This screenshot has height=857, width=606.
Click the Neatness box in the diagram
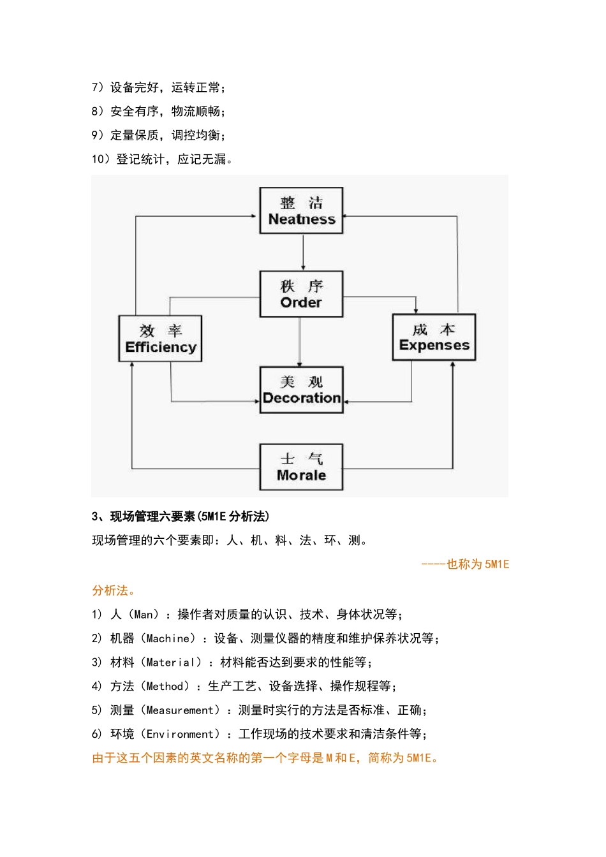301,211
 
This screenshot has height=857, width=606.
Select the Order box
301,294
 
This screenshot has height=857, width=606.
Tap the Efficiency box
160,339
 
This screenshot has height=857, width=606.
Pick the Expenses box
434,337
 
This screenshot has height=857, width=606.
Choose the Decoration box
301,390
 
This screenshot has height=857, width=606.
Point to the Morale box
301,467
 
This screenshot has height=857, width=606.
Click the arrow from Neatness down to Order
302,252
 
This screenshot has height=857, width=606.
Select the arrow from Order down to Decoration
300,341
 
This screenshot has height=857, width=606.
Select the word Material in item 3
170,663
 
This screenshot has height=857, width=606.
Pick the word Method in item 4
165,686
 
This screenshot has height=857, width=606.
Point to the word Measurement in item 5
180,710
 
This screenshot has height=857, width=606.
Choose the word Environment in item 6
183,734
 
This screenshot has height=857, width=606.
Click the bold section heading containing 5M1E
181,516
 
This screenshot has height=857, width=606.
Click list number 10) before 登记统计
100,159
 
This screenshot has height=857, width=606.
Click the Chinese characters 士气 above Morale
301,459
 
